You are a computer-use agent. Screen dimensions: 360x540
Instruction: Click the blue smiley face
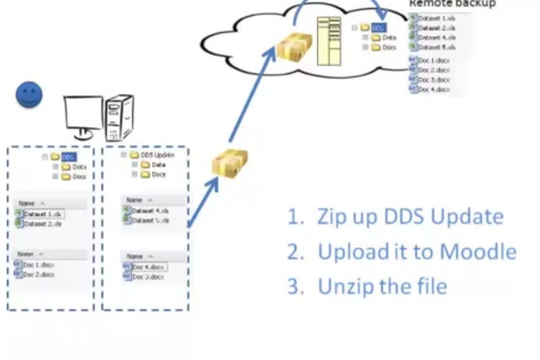click(29, 94)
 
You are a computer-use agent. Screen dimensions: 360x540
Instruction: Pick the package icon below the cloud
click(230, 162)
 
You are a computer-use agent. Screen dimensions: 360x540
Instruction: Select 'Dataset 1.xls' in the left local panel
click(43, 214)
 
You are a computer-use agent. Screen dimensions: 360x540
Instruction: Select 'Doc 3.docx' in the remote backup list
click(434, 80)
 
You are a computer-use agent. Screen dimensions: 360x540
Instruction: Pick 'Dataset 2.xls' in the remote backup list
click(436, 28)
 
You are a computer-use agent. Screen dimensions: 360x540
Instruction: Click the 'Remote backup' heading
click(452, 4)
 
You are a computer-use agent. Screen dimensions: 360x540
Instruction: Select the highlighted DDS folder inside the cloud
click(379, 27)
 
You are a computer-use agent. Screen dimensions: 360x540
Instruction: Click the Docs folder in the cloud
click(389, 48)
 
